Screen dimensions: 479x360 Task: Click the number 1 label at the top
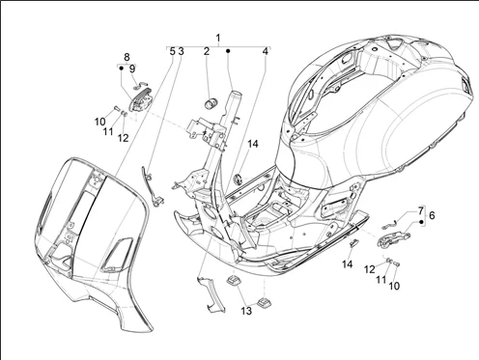(218, 38)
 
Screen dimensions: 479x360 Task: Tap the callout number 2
(207, 51)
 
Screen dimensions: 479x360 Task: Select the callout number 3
(181, 51)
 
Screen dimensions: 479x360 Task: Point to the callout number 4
(265, 51)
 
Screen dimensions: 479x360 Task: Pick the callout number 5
(173, 51)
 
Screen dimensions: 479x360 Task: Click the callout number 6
(432, 215)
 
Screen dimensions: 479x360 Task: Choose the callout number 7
(421, 211)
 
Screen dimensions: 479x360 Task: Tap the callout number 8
(127, 57)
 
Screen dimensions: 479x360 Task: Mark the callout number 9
(132, 69)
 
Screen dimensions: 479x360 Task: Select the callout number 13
(246, 311)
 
